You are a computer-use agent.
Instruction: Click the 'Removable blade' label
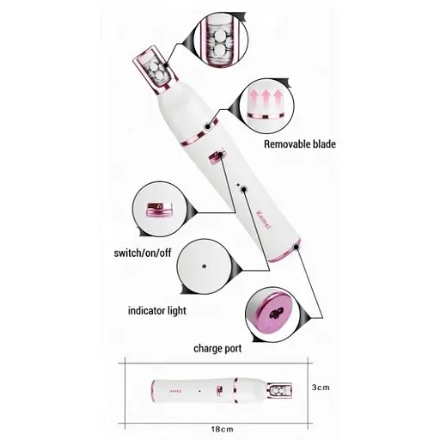[x=300, y=144]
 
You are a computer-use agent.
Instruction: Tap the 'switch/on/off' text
[x=143, y=253]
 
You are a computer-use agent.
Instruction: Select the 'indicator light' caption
[x=157, y=311]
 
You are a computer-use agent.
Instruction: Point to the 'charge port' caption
[x=217, y=349]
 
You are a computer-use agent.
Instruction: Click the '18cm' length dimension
[x=223, y=429]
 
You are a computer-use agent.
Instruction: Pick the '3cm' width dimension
[x=321, y=388]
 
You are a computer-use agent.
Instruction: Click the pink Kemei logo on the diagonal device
[x=263, y=219]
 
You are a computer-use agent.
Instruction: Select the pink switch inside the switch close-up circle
[x=159, y=210]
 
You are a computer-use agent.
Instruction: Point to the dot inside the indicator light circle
[x=205, y=266]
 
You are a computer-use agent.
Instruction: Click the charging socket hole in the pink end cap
[x=277, y=314]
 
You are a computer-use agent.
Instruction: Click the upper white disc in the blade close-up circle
[x=220, y=37]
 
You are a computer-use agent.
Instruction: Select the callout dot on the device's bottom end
[x=296, y=247]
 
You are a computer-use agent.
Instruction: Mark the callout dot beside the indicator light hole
[x=244, y=189]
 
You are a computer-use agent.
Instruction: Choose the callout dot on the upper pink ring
[x=207, y=126]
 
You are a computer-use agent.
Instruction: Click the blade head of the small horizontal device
[x=279, y=390]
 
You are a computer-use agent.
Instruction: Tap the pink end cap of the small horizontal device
[x=153, y=391]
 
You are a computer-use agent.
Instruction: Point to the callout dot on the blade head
[x=166, y=65]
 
